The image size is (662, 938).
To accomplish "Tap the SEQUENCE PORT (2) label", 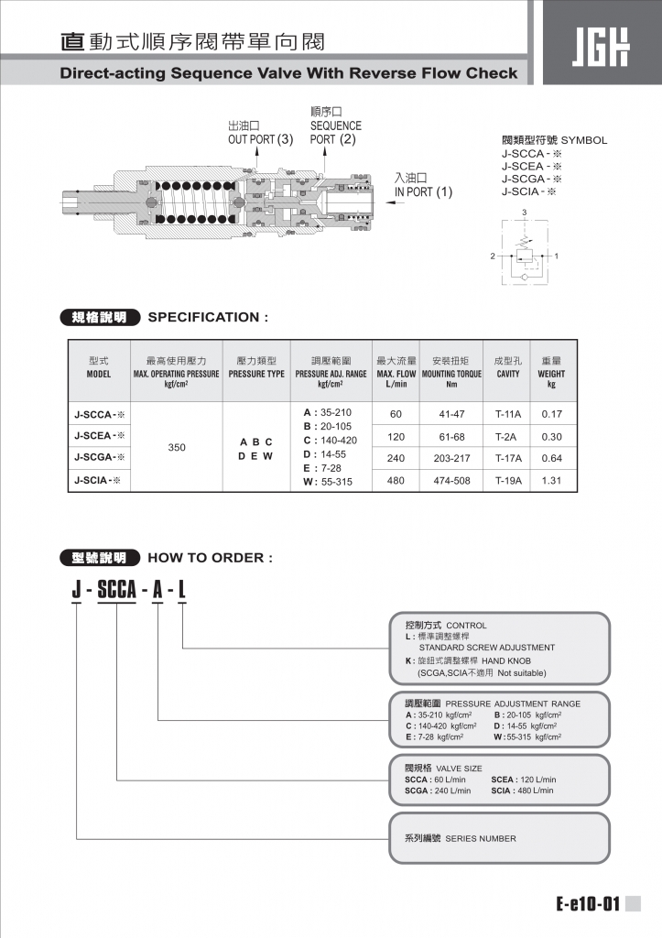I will (x=335, y=133).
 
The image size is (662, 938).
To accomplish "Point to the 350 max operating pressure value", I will (x=177, y=448).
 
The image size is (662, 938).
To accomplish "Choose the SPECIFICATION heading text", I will (x=208, y=317).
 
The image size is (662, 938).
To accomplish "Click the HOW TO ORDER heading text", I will (x=210, y=557).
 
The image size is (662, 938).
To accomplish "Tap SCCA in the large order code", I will (x=116, y=590).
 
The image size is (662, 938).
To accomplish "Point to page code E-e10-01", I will (x=588, y=905).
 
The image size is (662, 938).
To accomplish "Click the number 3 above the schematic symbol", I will (x=524, y=213).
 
